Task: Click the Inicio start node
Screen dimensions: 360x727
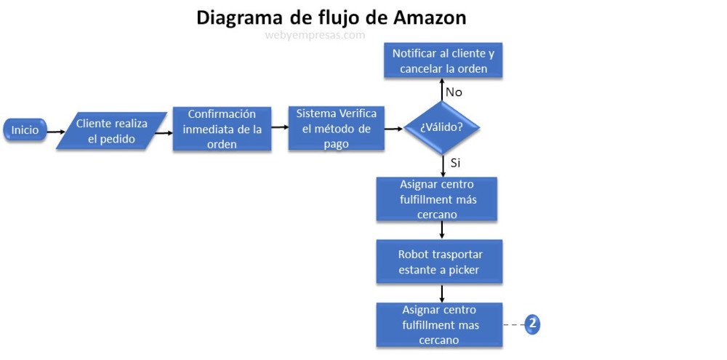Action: pyautogui.click(x=25, y=131)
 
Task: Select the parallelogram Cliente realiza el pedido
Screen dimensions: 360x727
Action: pyautogui.click(x=112, y=131)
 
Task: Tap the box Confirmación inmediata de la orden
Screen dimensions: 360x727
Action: pyautogui.click(x=222, y=129)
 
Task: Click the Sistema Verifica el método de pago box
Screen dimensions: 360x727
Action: pyautogui.click(x=337, y=129)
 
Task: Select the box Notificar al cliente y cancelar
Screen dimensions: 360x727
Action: pyautogui.click(x=443, y=61)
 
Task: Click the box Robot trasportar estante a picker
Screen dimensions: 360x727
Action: pyautogui.click(x=440, y=263)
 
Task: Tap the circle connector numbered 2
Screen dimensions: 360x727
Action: pyautogui.click(x=532, y=324)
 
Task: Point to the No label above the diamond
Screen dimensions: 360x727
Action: pyautogui.click(x=454, y=92)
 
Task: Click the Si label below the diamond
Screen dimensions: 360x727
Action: pyautogui.click(x=455, y=163)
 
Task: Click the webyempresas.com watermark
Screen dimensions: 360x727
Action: pyautogui.click(x=315, y=34)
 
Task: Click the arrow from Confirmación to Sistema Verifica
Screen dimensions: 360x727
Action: pyautogui.click(x=279, y=127)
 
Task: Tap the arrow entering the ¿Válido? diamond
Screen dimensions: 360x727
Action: pyautogui.click(x=393, y=129)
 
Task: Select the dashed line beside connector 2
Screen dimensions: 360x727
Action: pyautogui.click(x=513, y=325)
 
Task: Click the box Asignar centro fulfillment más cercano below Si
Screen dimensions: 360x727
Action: pyautogui.click(x=437, y=199)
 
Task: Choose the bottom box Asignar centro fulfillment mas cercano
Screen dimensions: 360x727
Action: pyautogui.click(x=440, y=325)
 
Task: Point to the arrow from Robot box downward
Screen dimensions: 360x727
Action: pyautogui.click(x=442, y=293)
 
